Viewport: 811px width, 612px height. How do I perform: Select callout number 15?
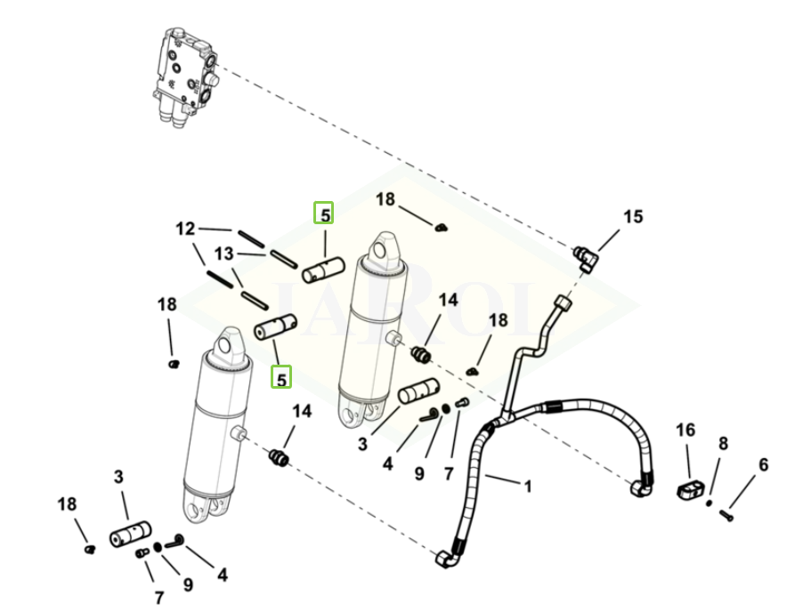tap(632, 216)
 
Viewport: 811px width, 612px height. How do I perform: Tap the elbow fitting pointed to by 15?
tap(586, 259)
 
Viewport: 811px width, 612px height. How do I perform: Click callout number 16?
tap(685, 431)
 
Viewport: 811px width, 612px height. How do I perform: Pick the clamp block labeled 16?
tap(691, 488)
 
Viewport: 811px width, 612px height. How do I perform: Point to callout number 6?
tap(763, 464)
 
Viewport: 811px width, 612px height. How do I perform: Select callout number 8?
tap(723, 443)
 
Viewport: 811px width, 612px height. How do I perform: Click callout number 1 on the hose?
tap(528, 487)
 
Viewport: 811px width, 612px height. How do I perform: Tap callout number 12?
tap(184, 229)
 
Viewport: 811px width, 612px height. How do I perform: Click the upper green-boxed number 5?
tap(325, 214)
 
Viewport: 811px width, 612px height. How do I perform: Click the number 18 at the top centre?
tap(385, 199)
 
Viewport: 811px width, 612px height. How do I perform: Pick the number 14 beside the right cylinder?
tap(448, 300)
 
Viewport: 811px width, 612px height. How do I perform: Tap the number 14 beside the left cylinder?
tap(303, 411)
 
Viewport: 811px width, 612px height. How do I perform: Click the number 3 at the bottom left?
tap(118, 477)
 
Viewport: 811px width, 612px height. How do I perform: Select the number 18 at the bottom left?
tap(68, 504)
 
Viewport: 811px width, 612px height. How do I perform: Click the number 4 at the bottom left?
tap(222, 575)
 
